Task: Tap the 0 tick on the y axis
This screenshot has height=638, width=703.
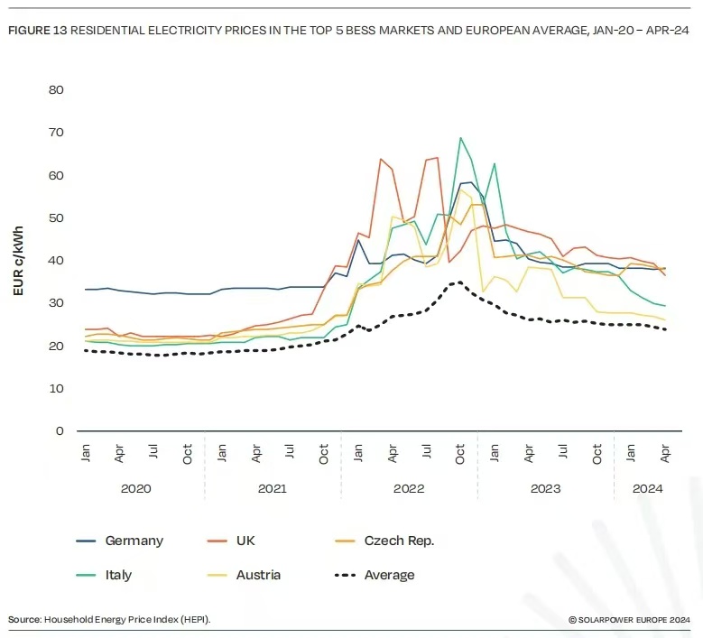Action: (60, 430)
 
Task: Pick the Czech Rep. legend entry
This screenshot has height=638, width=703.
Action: (399, 541)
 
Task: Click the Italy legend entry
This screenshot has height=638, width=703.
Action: (118, 575)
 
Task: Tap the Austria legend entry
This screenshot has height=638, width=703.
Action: (259, 575)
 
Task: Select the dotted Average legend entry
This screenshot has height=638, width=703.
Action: (389, 575)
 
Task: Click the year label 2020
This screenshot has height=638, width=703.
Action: (136, 488)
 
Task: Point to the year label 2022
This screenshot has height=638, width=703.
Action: (409, 488)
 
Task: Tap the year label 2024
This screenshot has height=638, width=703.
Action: (648, 488)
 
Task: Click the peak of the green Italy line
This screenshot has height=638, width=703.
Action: (460, 138)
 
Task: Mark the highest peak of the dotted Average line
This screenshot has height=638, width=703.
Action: (460, 282)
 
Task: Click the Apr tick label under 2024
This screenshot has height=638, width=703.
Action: (665, 455)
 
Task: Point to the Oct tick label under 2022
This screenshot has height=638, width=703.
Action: (460, 455)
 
